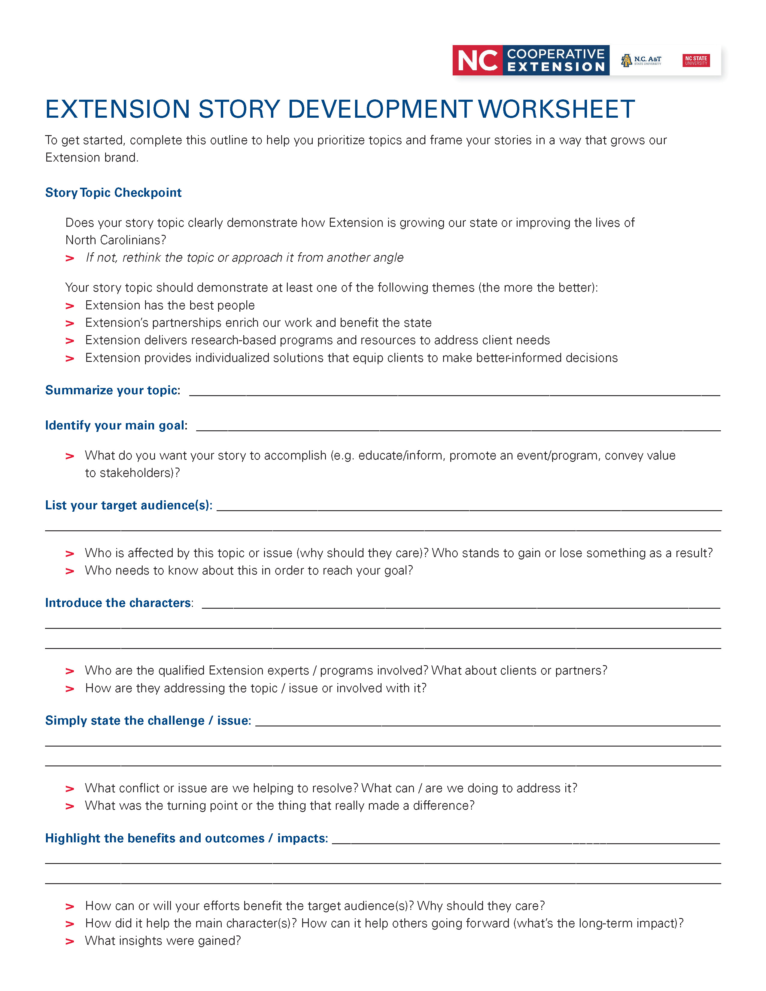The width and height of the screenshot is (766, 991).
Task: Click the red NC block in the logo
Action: point(477,60)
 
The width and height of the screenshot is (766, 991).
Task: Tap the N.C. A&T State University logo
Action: point(641,60)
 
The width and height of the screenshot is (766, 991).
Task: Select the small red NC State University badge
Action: point(696,60)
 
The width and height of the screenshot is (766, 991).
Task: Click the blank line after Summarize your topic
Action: point(454,393)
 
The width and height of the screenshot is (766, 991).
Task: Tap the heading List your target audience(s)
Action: point(129,505)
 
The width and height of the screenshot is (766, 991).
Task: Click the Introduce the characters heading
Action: point(118,603)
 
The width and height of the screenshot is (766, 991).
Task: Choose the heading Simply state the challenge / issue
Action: point(147,720)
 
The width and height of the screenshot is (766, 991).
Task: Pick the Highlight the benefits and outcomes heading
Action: point(186,838)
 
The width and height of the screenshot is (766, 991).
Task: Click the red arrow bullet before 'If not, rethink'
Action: point(70,259)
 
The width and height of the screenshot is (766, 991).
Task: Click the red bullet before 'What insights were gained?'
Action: point(70,941)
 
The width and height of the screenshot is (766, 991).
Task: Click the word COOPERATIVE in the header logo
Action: point(555,54)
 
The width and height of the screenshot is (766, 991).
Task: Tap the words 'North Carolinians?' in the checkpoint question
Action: point(116,240)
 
